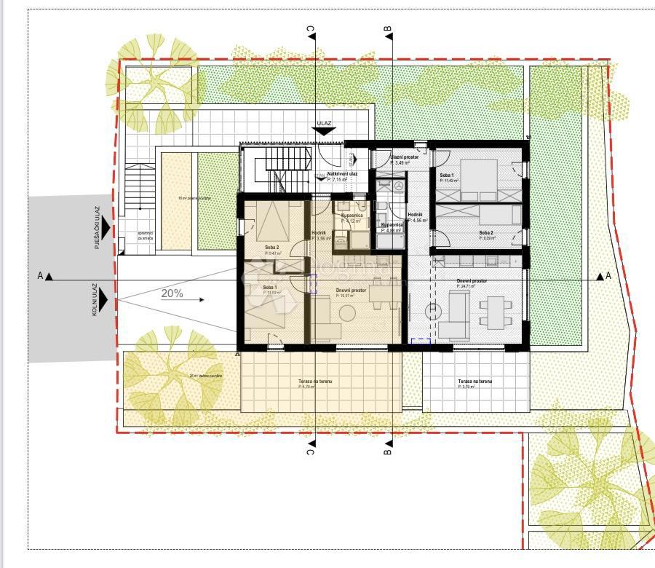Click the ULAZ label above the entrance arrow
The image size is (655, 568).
[324, 124]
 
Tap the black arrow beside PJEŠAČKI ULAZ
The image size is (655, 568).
[106, 228]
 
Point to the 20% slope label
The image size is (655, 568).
[172, 295]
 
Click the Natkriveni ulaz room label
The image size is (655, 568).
[342, 174]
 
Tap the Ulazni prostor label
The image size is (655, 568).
[404, 157]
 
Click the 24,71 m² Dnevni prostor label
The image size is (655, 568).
[472, 280]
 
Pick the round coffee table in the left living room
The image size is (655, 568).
[347, 313]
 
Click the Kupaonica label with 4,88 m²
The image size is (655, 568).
[392, 226]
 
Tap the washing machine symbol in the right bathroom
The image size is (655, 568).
[397, 186]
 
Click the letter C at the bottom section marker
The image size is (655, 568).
[310, 451]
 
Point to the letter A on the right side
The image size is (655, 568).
[608, 276]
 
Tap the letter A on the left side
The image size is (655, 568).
[39, 276]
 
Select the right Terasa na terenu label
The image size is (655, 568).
[475, 382]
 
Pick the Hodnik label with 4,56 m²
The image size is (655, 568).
[415, 215]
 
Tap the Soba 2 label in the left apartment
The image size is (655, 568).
[271, 248]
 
